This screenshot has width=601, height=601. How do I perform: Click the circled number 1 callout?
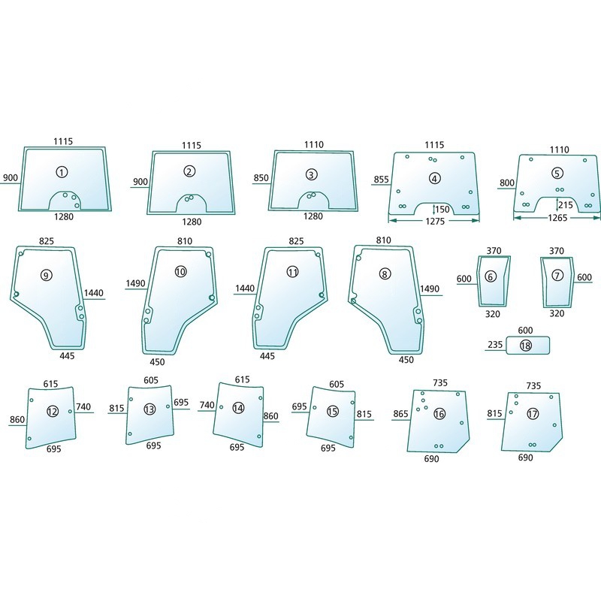[x=62, y=172]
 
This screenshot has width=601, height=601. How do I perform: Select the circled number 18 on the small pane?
[x=525, y=346]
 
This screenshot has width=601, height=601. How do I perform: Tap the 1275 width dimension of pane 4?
[x=435, y=221]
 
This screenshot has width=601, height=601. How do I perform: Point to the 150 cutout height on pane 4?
[x=442, y=210]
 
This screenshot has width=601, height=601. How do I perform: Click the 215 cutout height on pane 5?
[x=566, y=204]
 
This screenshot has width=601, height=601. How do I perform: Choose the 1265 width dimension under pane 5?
[x=557, y=218]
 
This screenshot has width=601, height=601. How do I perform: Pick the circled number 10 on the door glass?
[x=180, y=272]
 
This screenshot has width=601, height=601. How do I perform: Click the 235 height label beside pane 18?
[x=495, y=345]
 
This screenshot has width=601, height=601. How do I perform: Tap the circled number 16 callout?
[x=439, y=414]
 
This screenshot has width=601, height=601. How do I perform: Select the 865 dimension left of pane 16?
[x=400, y=414]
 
